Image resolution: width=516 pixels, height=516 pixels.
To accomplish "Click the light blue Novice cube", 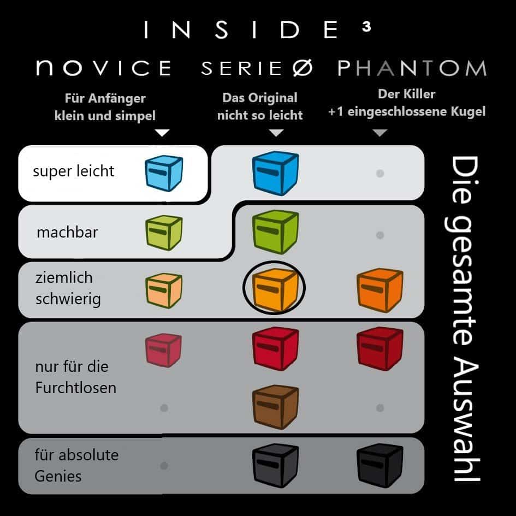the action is click(x=164, y=173).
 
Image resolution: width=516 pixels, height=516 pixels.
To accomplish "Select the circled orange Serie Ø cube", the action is click(x=275, y=289).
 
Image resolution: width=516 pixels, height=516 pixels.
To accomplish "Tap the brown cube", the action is click(x=275, y=407).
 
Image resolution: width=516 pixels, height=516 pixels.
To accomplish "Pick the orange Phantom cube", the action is click(x=379, y=290).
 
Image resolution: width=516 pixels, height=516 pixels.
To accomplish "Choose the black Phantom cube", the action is click(x=379, y=465).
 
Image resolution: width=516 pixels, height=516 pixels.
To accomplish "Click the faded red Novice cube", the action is click(x=163, y=350).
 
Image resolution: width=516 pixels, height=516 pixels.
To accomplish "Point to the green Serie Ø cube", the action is click(x=275, y=232).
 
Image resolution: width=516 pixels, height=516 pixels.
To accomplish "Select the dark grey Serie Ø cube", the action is click(x=275, y=465).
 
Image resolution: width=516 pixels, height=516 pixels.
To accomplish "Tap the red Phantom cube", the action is click(x=379, y=348).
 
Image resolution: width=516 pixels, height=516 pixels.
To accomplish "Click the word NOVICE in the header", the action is click(x=104, y=68).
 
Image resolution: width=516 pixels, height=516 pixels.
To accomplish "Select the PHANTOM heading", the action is click(x=412, y=68).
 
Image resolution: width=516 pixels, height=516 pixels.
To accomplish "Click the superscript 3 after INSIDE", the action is click(x=366, y=26).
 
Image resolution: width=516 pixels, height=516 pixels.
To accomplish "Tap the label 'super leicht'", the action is click(x=73, y=171).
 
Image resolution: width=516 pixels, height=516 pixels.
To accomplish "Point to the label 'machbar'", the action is click(x=68, y=232).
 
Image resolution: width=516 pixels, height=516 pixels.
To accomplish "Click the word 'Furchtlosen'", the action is click(x=76, y=388).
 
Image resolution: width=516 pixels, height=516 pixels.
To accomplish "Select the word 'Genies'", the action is click(x=58, y=477).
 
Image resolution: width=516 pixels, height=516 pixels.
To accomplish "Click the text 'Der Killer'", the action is click(x=407, y=94).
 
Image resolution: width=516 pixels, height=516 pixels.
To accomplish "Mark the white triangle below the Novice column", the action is click(x=162, y=133).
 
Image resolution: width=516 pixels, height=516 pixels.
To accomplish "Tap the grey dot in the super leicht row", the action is click(x=380, y=174).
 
